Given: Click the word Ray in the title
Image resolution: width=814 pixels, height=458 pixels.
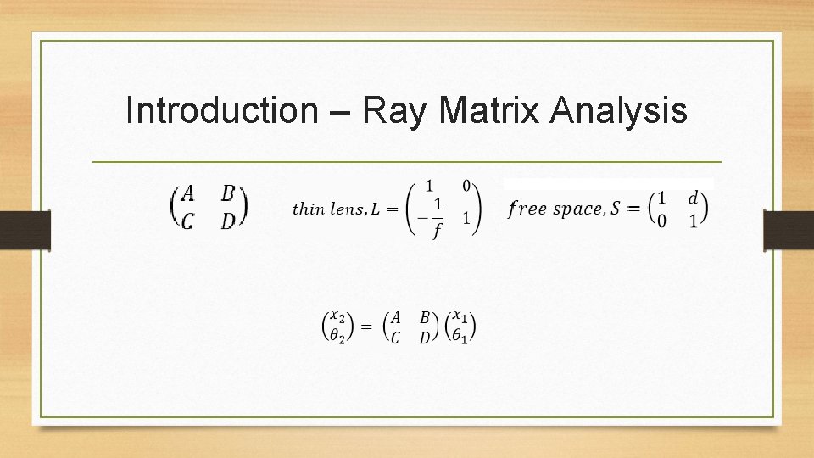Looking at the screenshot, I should tap(395, 110).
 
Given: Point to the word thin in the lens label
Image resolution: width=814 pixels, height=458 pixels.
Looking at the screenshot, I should tap(306, 209).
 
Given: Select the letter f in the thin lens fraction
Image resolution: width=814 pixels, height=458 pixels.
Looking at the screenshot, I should tap(438, 230).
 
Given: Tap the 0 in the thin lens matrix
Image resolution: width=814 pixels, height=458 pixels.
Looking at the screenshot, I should tap(466, 185).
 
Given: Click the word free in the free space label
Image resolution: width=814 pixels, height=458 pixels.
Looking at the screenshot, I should tap(527, 209).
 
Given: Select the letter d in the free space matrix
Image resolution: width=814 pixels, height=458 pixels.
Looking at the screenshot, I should tap(694, 198).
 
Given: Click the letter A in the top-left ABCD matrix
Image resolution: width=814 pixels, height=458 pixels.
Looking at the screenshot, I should tap(189, 194).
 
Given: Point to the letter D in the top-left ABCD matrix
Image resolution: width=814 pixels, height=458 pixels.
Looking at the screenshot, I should tap(228, 221).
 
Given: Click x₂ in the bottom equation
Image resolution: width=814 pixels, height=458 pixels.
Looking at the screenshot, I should tap(337, 319).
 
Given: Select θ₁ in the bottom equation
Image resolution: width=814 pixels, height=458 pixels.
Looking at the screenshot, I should tap(461, 337).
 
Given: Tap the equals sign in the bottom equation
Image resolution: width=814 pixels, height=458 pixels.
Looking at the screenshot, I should tap(366, 327).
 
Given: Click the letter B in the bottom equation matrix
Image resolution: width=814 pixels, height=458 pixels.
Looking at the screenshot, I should tap(425, 319).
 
